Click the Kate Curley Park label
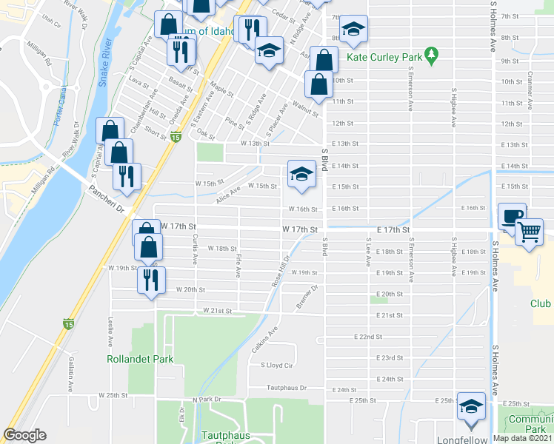click(x=388, y=57)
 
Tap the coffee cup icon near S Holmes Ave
click(x=512, y=216)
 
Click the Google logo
click(x=25, y=435)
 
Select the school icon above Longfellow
click(x=471, y=407)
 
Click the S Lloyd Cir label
click(x=278, y=365)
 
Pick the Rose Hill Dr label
click(x=278, y=272)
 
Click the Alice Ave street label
click(x=228, y=195)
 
